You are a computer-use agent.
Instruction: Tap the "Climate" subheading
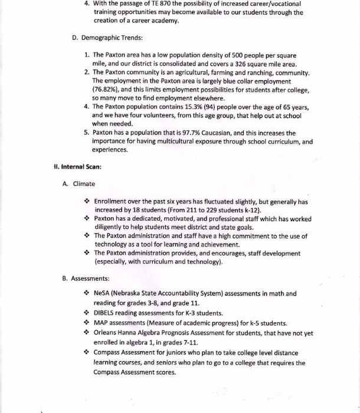pos(84,183)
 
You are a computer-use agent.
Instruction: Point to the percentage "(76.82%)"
pos(107,88)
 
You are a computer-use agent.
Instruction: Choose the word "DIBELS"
pos(106,313)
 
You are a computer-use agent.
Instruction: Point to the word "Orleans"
pos(106,333)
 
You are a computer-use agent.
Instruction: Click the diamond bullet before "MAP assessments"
pos(87,323)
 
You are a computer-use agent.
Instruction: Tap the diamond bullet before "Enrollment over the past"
pos(87,201)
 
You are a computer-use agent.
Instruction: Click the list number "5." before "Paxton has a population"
pos(87,133)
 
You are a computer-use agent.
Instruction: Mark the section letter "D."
pos(75,38)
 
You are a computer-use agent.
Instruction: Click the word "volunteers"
pos(156,116)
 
